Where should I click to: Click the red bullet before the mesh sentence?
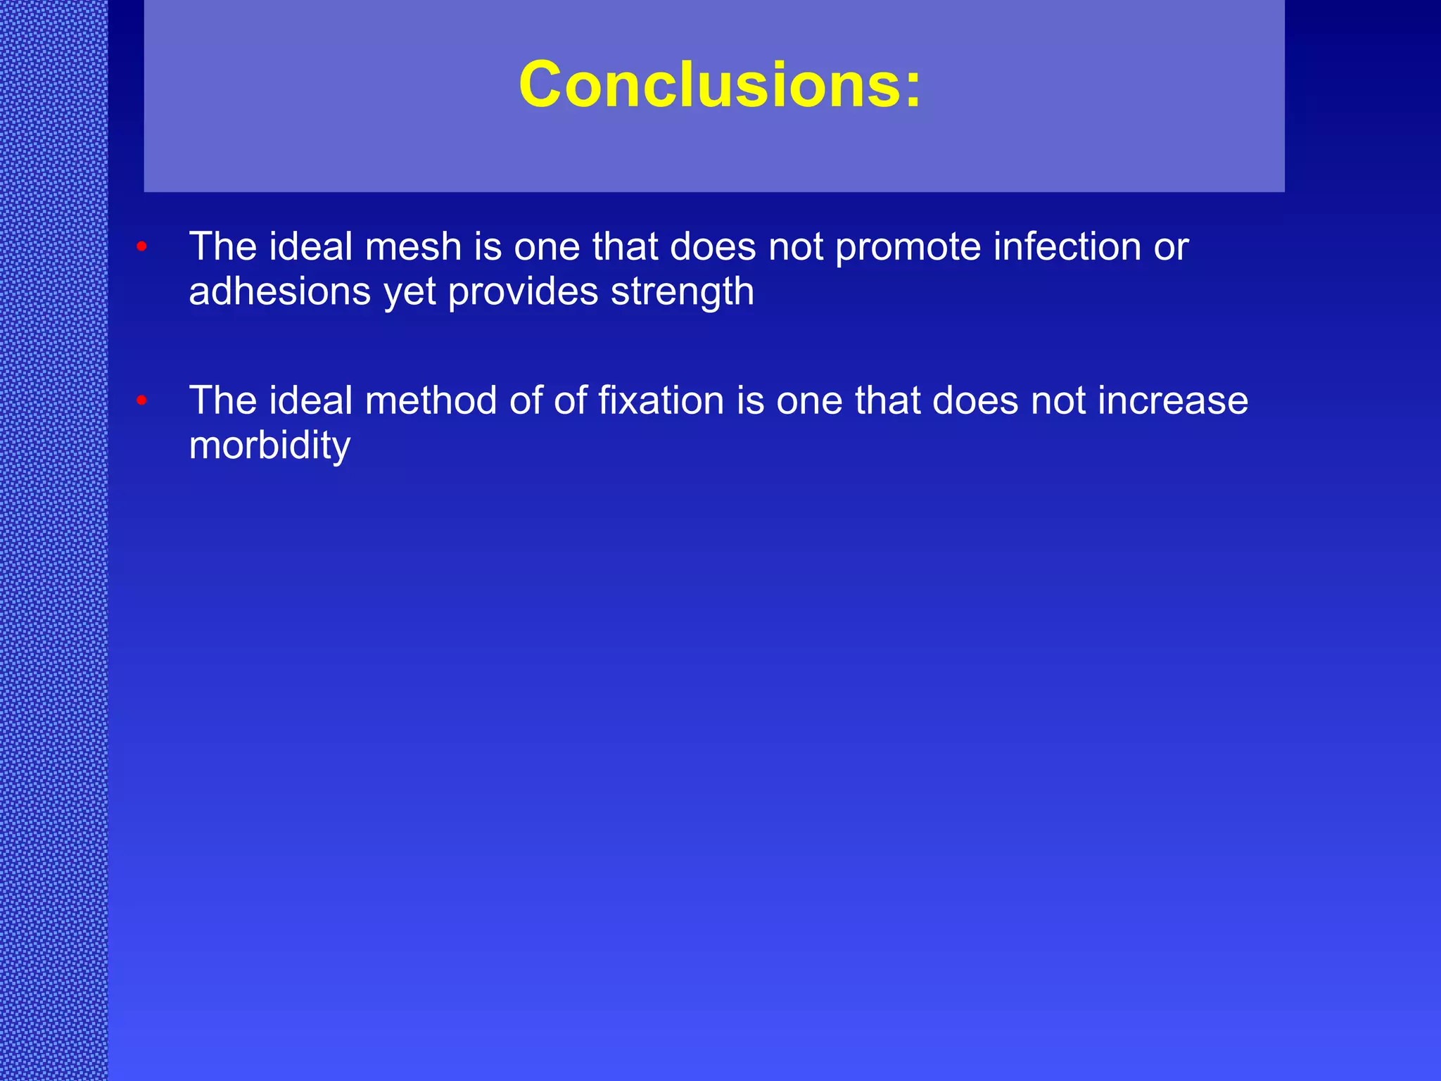click(x=141, y=247)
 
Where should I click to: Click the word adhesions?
click(x=279, y=291)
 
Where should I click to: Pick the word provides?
click(x=522, y=293)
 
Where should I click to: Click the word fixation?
click(x=661, y=401)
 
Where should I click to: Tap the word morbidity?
click(x=269, y=446)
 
